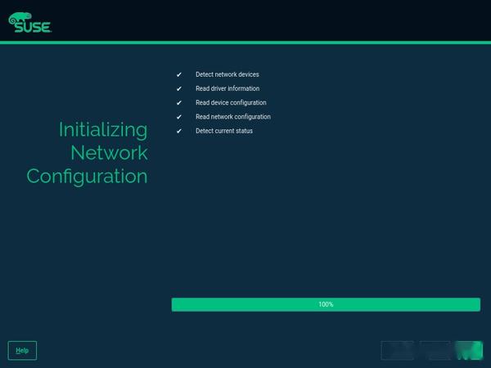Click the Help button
[x=22, y=350]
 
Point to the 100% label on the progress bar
[x=326, y=304]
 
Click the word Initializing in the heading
[x=103, y=129]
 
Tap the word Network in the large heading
[x=109, y=152]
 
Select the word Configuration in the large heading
[x=87, y=176]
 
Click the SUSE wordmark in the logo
[x=33, y=27]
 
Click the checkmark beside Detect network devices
[x=178, y=74]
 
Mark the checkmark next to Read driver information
[x=178, y=88]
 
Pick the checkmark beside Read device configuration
[x=178, y=103]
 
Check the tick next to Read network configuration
[x=178, y=117]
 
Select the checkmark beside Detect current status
[x=178, y=131]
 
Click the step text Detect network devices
[x=227, y=74]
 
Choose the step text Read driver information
[x=227, y=88]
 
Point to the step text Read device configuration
[x=231, y=103]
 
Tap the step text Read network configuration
[x=233, y=117]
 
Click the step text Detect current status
[x=224, y=131]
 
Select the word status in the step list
[x=243, y=131]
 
